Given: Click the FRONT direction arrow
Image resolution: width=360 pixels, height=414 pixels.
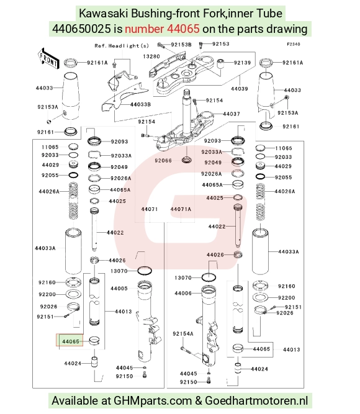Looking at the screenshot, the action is [48, 58].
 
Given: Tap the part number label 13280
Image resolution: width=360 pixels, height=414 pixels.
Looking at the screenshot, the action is [151, 56].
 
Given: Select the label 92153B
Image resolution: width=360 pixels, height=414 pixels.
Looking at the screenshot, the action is [181, 45].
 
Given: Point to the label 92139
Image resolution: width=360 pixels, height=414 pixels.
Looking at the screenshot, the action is [242, 63].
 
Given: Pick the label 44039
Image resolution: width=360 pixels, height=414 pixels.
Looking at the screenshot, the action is [240, 89].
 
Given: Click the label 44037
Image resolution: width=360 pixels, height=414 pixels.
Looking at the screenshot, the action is [232, 114].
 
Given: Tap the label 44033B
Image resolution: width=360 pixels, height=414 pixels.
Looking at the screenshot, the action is [140, 104].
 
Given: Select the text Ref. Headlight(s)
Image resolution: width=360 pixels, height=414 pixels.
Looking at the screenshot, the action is [122, 46].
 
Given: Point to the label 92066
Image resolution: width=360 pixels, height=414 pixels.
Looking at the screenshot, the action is [163, 161].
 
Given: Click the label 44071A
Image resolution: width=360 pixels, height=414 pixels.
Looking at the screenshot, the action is [181, 209].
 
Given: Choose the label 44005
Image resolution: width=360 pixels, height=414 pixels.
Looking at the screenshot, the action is [119, 289].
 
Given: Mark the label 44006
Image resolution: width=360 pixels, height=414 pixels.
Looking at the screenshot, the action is [182, 293].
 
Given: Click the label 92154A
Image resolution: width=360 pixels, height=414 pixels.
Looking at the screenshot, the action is [182, 334].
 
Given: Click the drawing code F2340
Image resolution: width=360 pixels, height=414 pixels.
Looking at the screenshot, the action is [293, 44].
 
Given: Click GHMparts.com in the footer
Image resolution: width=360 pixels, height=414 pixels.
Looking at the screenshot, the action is [153, 400].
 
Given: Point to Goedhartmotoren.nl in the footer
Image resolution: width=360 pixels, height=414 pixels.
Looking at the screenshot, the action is [256, 400].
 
